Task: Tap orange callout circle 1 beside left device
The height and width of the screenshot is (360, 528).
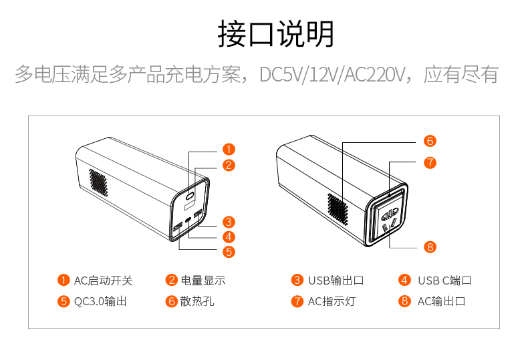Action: (229, 150)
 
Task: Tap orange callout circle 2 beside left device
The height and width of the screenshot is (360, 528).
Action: (229, 166)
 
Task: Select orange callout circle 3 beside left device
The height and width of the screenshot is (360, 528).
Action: (229, 222)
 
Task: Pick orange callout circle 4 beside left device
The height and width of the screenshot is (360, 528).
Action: (229, 236)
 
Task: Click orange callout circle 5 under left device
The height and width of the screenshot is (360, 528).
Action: (229, 252)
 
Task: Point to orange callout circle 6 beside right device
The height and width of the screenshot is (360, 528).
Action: (430, 141)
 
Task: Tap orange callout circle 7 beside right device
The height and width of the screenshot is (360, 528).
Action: (430, 162)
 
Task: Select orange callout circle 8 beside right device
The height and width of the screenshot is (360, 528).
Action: (430, 247)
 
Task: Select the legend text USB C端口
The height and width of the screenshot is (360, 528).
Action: (444, 281)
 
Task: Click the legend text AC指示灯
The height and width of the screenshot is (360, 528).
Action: (332, 301)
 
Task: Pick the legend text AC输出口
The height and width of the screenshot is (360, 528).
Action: (441, 301)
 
